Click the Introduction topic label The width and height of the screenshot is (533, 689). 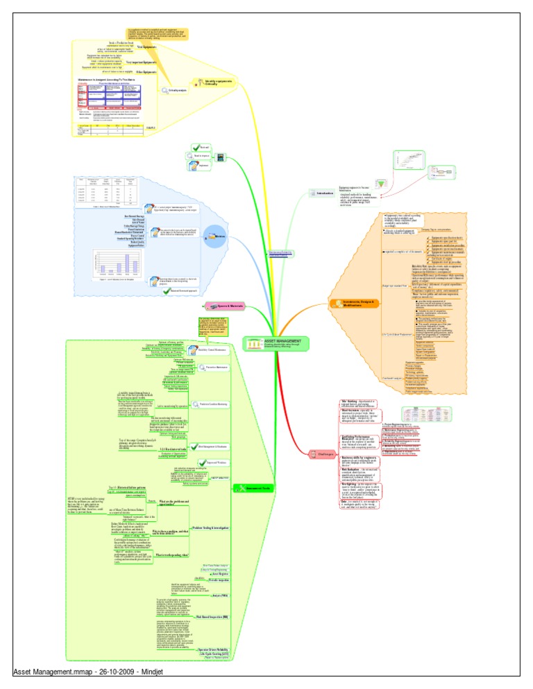click(325, 193)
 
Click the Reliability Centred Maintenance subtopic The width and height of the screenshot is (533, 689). click(216, 350)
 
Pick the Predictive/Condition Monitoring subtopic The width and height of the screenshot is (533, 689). click(218, 403)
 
